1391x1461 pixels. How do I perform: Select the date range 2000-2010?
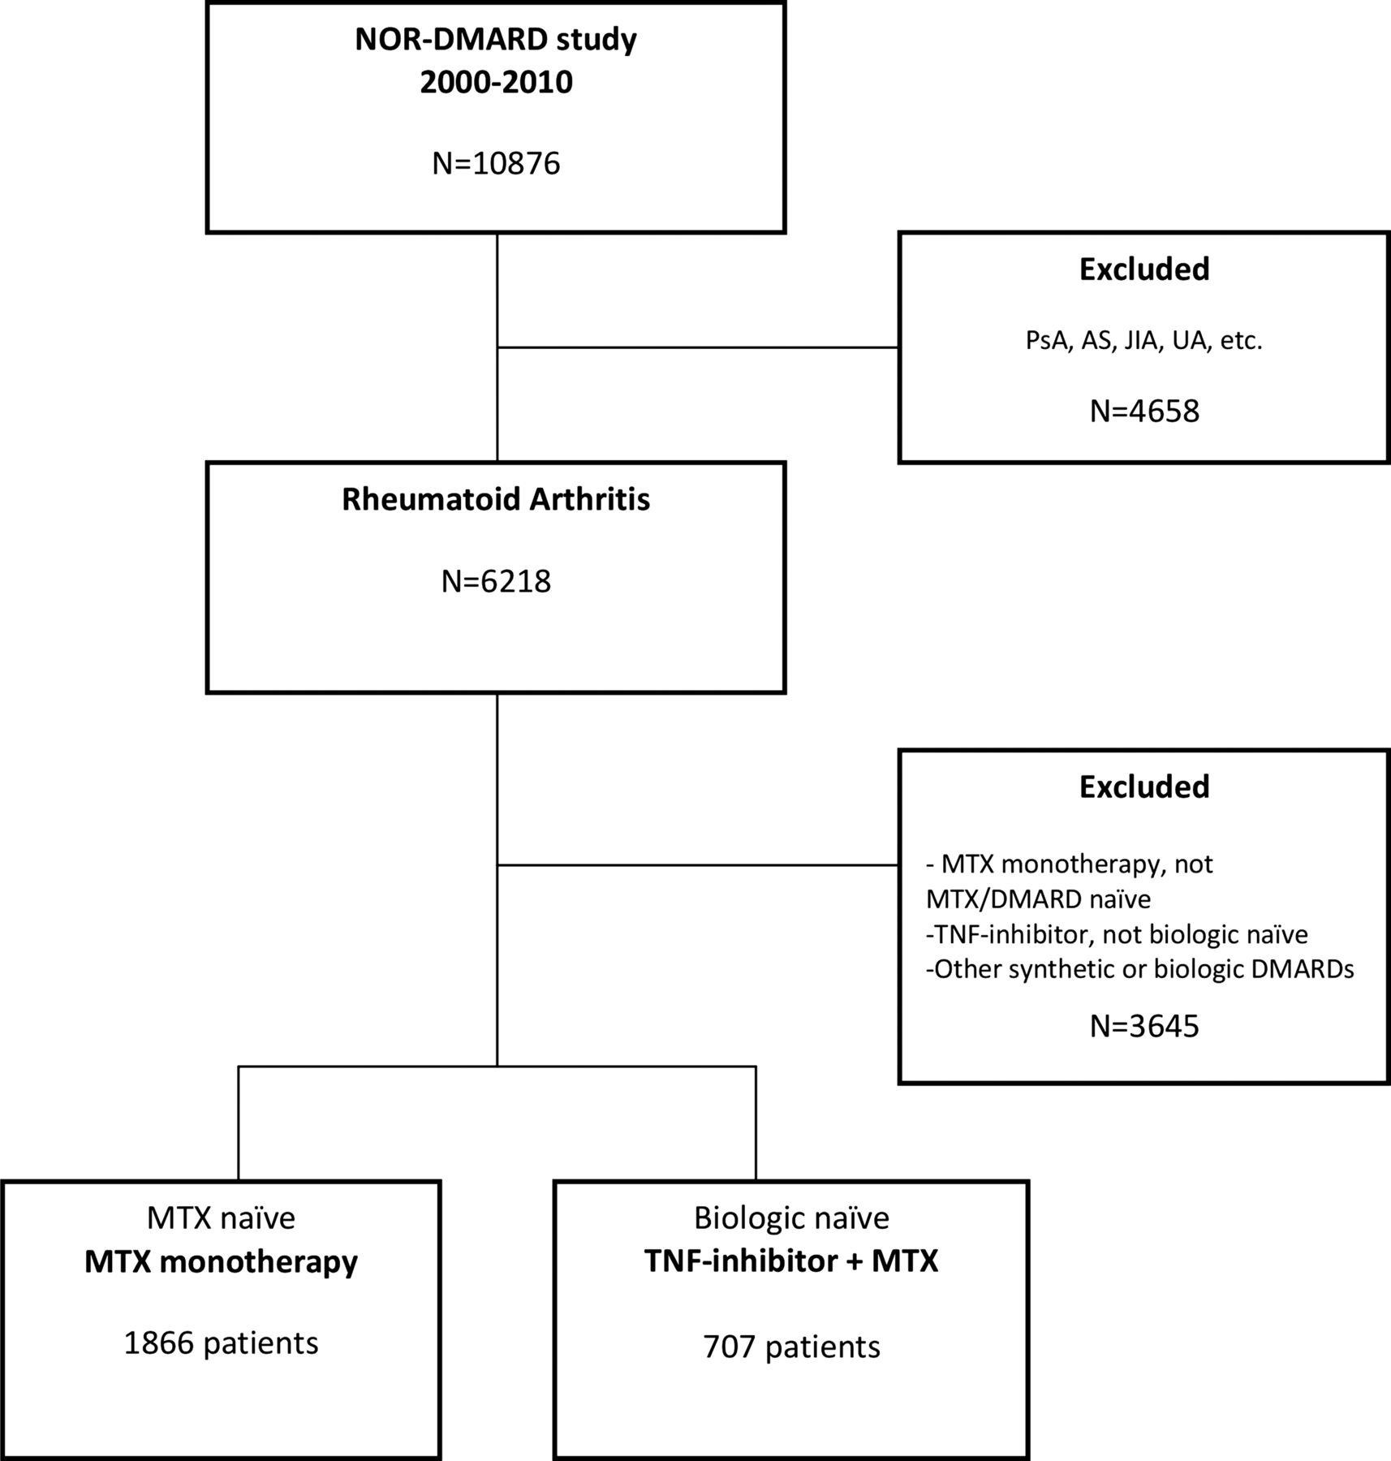[x=496, y=82]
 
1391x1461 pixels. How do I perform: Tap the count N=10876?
[x=496, y=163]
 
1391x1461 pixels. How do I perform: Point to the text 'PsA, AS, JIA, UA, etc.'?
[x=1143, y=340]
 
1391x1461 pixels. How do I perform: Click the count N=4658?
[x=1144, y=411]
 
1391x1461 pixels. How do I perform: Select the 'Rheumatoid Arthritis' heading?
[x=496, y=499]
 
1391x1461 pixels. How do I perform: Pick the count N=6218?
[x=496, y=581]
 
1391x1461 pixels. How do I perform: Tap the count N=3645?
[x=1144, y=1026]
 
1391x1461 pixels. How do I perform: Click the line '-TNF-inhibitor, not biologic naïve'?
[x=1117, y=934]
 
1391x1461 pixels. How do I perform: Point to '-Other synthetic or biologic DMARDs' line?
[x=1139, y=970]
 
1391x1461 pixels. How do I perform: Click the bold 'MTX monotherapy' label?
[x=221, y=1262]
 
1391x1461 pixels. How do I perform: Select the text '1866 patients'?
[x=221, y=1343]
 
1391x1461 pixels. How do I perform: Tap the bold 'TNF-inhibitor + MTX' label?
[x=791, y=1261]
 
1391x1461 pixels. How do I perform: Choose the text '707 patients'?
[x=791, y=1347]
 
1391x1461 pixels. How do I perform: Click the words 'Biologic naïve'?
[x=791, y=1218]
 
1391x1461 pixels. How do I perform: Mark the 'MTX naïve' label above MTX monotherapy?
[x=221, y=1218]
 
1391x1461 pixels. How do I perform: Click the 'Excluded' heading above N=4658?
[x=1144, y=269]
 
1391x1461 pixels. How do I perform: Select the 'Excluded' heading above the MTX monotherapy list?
[x=1144, y=787]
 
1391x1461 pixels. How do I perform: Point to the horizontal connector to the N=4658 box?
[x=698, y=347]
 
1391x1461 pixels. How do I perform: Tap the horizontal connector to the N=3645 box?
[x=698, y=865]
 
